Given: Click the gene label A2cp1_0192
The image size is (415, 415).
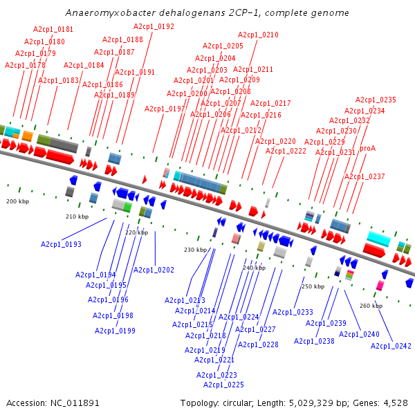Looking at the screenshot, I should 154,27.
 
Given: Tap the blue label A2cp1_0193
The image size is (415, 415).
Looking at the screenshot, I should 61,244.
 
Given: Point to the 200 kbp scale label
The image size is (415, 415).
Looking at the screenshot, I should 17,201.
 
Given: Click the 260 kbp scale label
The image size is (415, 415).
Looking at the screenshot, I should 371,306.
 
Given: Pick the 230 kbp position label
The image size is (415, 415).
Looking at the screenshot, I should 194,250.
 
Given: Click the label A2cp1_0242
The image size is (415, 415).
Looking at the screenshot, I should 391,346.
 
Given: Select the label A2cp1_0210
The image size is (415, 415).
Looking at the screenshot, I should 258,35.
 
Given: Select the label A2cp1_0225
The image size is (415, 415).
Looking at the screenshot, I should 223,385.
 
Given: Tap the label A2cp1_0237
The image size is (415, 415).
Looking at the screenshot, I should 365,176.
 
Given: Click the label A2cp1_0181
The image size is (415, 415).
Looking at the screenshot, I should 53,30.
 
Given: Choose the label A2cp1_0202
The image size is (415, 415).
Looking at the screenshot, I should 154,270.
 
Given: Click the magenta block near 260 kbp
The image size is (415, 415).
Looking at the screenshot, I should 380,285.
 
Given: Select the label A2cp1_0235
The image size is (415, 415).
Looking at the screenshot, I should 376,100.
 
